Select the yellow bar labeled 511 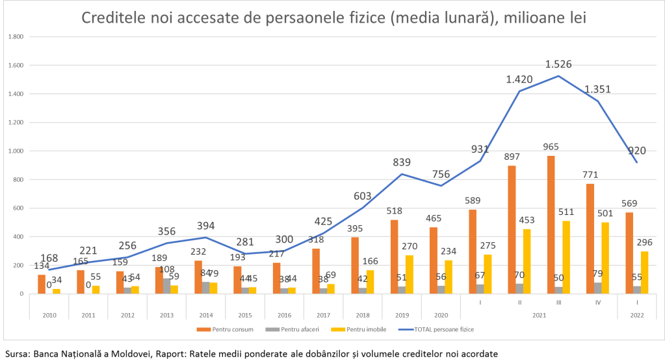pos(567,257)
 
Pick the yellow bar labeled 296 pos(645,272)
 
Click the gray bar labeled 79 pos(597,288)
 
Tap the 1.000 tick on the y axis pos(15,151)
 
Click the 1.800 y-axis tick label pos(15,37)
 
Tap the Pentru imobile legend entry pos(364,329)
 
